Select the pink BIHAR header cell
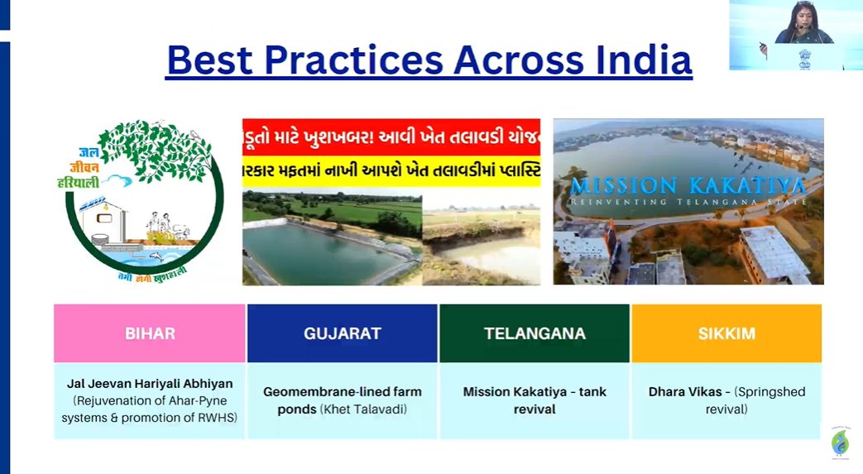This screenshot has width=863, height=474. point(150,333)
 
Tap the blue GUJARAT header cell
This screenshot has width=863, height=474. point(342,333)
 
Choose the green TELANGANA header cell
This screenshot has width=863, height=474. point(535,333)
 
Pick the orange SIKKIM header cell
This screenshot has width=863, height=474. point(726,333)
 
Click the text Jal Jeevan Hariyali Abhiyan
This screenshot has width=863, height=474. point(150,384)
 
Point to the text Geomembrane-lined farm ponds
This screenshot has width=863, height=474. point(342,391)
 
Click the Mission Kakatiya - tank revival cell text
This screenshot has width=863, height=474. point(535,400)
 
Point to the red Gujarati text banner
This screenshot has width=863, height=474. point(391,135)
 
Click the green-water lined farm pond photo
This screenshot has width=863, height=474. point(331,244)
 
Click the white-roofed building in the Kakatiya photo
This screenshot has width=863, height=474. point(774,252)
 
